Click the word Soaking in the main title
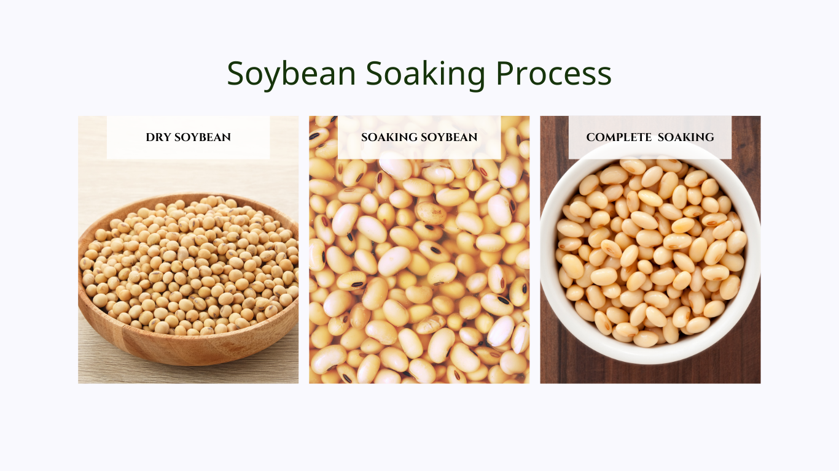pos(426,74)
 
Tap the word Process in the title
pos(553,74)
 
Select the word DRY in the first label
pos(158,137)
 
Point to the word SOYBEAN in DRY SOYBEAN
pos(203,137)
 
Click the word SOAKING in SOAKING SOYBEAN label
pos(388,137)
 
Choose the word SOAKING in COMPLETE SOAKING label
pos(686,137)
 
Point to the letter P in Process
pos(505,74)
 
